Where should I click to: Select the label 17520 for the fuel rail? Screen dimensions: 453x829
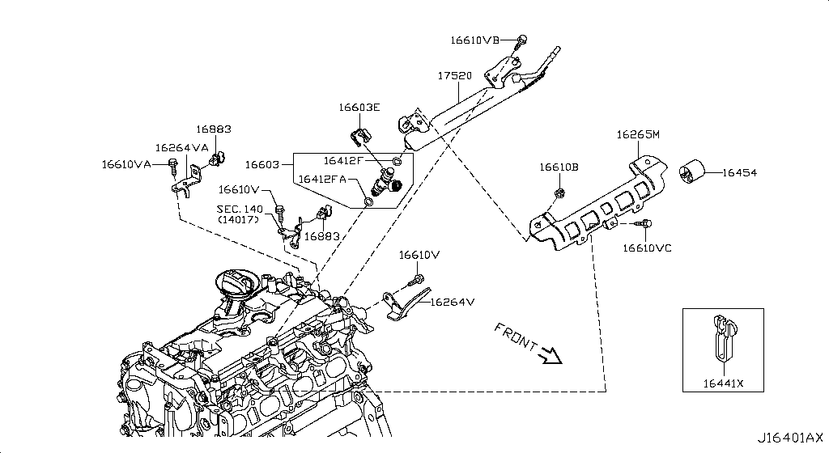click(x=454, y=75)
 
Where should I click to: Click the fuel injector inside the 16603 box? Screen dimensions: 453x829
click(x=386, y=184)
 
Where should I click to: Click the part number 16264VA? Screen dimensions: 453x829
click(x=182, y=147)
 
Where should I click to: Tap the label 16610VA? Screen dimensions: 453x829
click(x=126, y=164)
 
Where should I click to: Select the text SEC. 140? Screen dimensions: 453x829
click(x=241, y=209)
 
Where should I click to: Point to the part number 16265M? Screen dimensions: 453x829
click(x=638, y=135)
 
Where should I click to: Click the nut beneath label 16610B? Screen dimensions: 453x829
click(x=559, y=193)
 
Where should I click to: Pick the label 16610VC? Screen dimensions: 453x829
click(x=647, y=248)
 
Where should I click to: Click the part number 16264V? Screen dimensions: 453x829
click(x=452, y=303)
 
